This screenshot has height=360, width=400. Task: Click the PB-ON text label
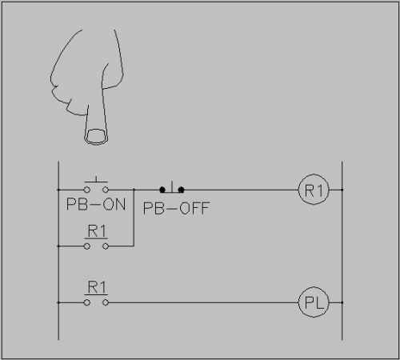[x=96, y=205]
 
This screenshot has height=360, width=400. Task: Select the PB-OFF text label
[x=176, y=208]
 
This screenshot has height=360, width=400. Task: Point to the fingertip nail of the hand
[x=96, y=136]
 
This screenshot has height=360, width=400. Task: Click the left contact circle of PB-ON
[x=87, y=190]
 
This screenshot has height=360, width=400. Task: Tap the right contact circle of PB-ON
[x=106, y=190]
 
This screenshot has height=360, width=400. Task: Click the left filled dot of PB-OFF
[x=162, y=190]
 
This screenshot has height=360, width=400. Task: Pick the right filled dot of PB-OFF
[x=181, y=190]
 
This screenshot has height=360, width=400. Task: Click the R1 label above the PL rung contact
[x=97, y=287]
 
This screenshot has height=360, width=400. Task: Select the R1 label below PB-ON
[x=97, y=231]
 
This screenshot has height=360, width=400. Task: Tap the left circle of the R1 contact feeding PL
[x=87, y=302]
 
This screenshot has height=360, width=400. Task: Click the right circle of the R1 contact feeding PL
[x=106, y=302]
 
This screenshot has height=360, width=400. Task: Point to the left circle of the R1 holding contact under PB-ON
[x=87, y=246]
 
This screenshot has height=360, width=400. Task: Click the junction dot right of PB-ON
[x=134, y=190]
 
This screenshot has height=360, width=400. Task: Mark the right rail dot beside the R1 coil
[x=342, y=190]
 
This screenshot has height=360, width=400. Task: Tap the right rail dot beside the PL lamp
[x=342, y=302]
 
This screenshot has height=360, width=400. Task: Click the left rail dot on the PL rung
[x=58, y=302]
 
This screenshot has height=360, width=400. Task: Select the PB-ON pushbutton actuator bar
[x=96, y=182]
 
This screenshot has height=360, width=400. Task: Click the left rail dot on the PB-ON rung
[x=58, y=190]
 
